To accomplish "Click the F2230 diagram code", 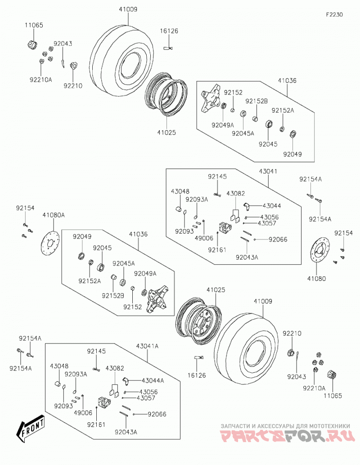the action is point(334,14).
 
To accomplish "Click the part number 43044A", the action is point(153,380).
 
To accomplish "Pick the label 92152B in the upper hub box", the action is point(256,101).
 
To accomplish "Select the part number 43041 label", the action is point(268,171).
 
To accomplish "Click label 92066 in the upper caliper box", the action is point(278,239).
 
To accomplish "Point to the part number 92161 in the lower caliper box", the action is point(96,425).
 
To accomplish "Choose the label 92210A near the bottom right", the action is point(314,388).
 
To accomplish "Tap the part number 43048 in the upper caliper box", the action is point(180,191).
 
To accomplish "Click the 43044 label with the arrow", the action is point(272,206).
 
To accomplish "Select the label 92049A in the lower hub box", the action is point(145,273).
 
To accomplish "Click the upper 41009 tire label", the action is point(128,9).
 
